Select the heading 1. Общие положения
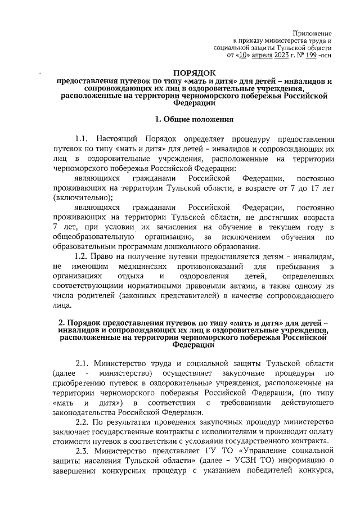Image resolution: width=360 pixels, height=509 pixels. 193,119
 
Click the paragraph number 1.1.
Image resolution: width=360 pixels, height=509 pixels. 82,138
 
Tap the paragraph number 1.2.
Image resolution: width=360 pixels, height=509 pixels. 82,256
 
